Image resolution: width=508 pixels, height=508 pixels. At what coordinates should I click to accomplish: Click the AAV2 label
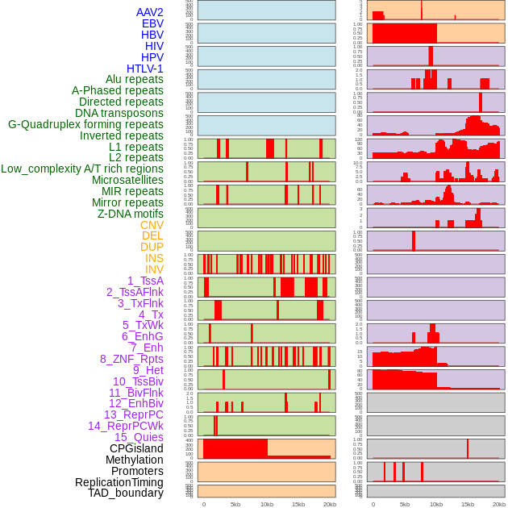click(150, 12)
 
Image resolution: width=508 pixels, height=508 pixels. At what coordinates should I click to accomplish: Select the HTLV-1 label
click(145, 69)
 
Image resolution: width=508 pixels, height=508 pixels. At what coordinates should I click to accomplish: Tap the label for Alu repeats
click(135, 79)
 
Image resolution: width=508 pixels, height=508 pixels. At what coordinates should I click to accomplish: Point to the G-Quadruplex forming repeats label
click(85, 124)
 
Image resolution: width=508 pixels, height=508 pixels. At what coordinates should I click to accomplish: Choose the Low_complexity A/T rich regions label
click(82, 169)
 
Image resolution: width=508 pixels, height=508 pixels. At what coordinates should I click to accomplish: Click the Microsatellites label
click(127, 180)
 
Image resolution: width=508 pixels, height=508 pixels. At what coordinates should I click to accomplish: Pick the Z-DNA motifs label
click(131, 214)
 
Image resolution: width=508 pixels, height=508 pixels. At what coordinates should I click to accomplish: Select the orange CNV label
click(152, 225)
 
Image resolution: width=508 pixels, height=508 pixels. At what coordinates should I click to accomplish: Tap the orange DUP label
click(152, 247)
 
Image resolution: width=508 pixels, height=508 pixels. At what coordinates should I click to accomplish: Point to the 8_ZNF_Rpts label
click(131, 359)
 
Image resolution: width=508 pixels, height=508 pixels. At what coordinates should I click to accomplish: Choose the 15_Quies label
click(139, 437)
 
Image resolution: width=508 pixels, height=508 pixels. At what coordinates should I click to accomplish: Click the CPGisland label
click(136, 448)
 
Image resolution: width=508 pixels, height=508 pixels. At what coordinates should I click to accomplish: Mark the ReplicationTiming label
click(119, 482)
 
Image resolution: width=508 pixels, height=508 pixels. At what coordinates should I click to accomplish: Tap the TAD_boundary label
click(126, 493)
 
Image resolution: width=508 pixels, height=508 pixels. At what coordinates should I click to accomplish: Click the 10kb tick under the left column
click(266, 504)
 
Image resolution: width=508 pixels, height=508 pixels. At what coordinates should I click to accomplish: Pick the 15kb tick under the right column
click(467, 504)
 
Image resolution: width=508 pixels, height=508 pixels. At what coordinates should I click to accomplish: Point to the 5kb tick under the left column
click(235, 504)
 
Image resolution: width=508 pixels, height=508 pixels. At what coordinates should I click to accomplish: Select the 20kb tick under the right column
click(499, 504)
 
